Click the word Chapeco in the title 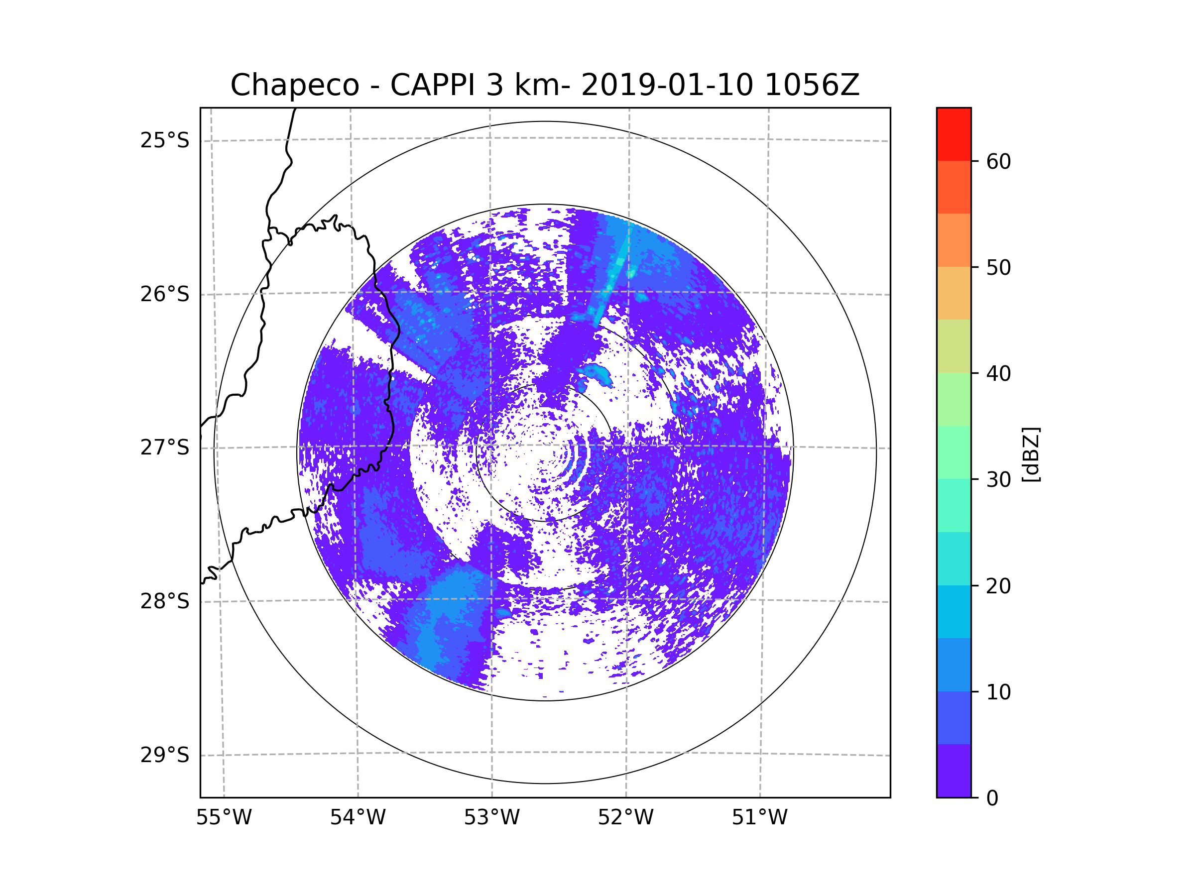pos(294,85)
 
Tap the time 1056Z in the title pos(812,85)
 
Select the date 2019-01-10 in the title pos(667,85)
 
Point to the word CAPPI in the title pos(432,85)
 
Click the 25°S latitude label pos(165,141)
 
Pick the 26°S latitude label pos(165,295)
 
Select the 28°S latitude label pos(165,602)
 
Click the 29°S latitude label pos(165,756)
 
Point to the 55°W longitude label pos(224,818)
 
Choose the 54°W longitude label pos(358,818)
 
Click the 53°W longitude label pos(491,818)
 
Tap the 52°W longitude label pos(625,818)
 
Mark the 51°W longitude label pos(759,818)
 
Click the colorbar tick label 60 pos(998,161)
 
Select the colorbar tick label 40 pos(998,374)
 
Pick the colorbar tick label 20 pos(998,586)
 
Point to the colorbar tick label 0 pos(992,798)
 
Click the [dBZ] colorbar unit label pos(1031,454)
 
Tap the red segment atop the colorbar pos(954,134)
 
